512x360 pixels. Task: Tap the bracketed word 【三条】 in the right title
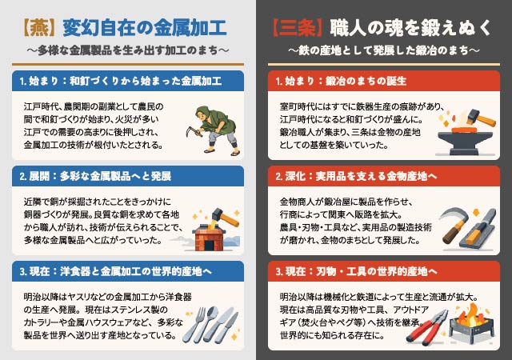click(x=297, y=28)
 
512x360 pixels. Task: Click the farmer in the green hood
click(x=214, y=130)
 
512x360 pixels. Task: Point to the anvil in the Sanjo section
click(x=465, y=142)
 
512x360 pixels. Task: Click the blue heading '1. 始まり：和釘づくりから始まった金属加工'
click(x=121, y=81)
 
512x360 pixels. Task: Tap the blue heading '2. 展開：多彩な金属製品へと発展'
click(x=95, y=177)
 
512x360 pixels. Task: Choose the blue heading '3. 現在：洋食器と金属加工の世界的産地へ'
click(x=115, y=271)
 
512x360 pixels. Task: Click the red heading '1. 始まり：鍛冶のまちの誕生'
click(x=341, y=81)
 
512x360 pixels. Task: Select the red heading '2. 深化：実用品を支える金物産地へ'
click(x=356, y=177)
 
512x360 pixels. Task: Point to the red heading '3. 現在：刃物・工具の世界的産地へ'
click(x=356, y=271)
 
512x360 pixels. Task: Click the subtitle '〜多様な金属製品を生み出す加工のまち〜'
click(x=128, y=50)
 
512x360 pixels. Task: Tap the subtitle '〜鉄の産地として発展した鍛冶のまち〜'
click(x=384, y=50)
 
